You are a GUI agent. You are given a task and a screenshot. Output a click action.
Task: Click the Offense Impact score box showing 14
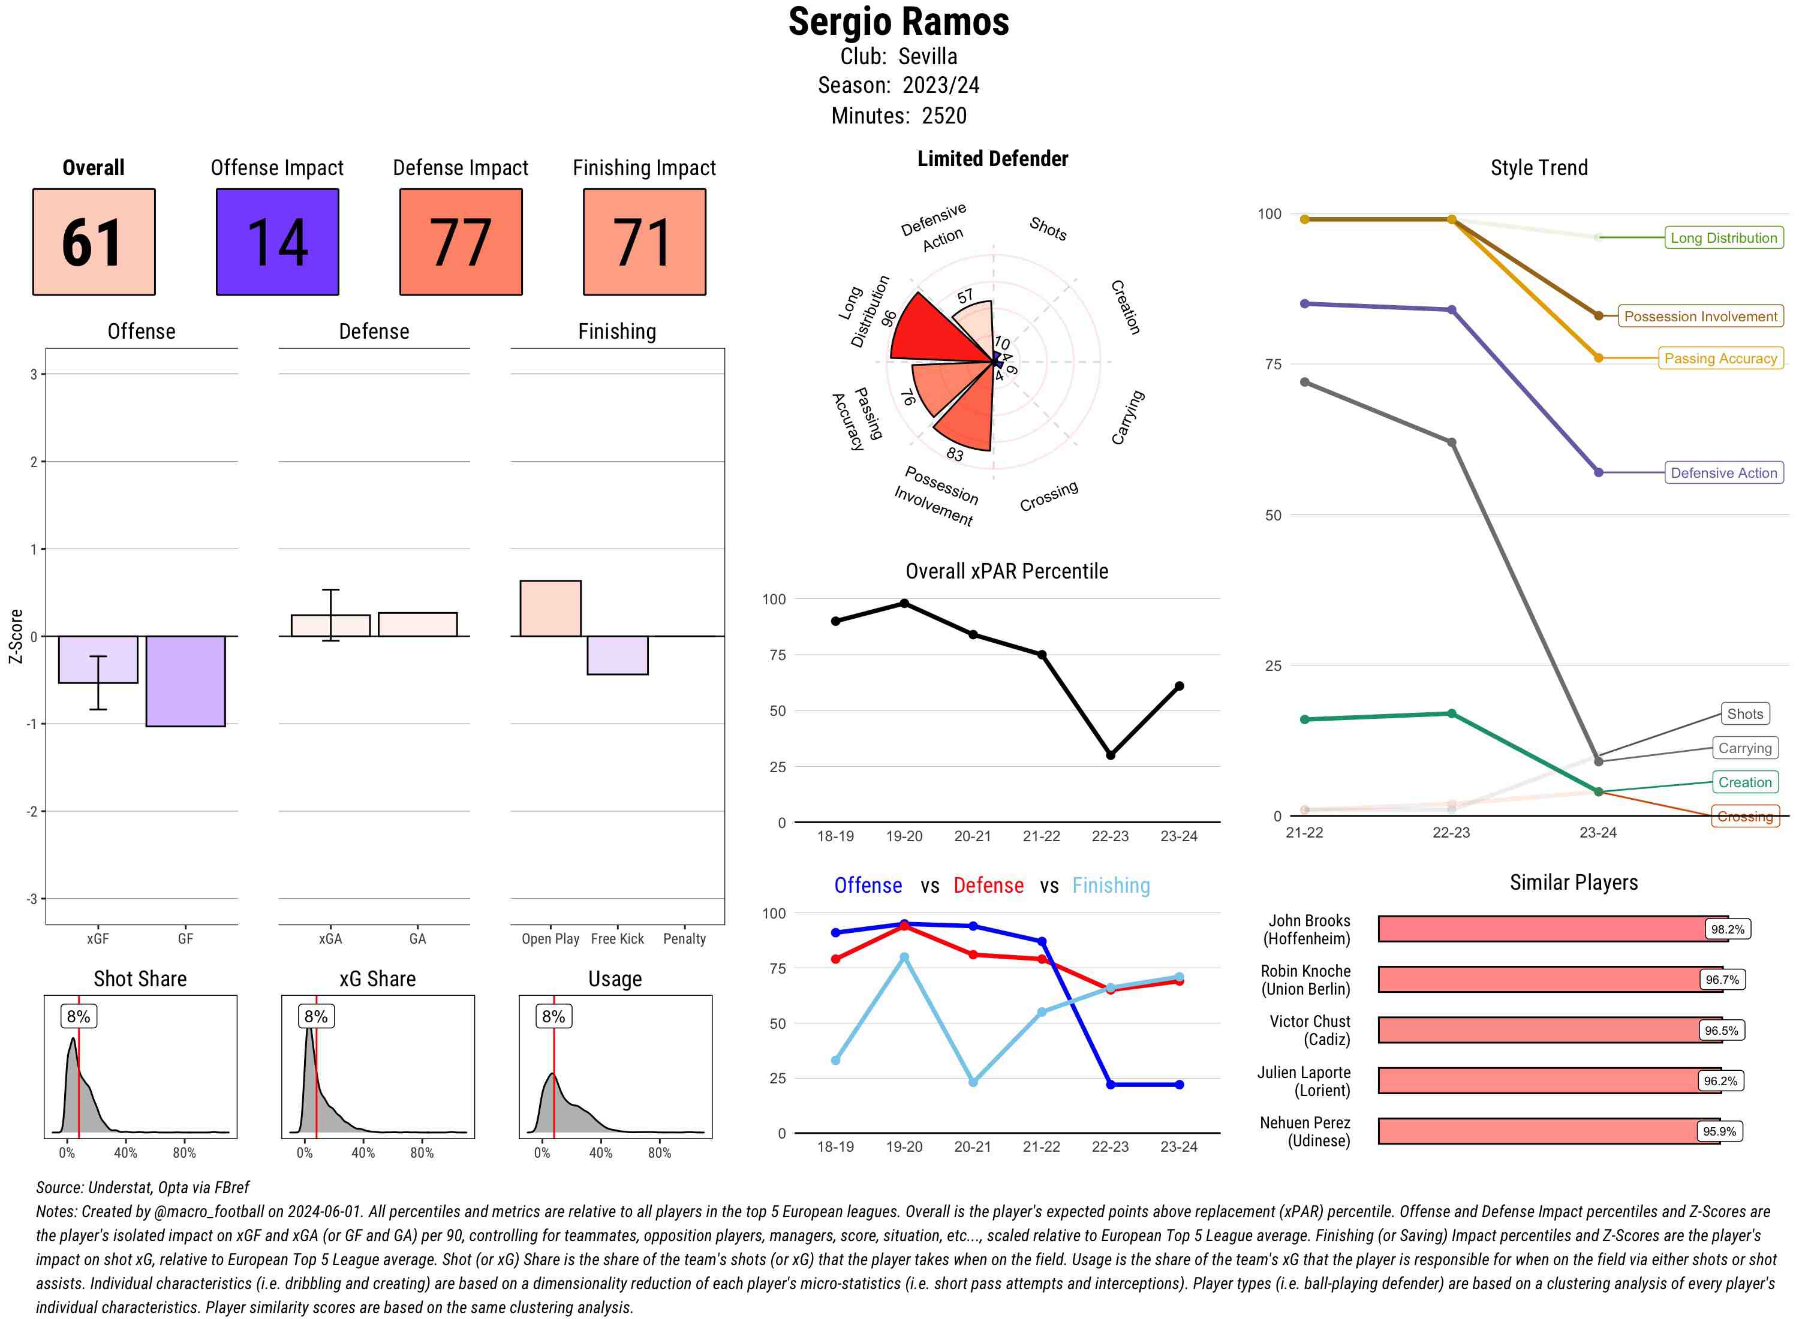click(277, 242)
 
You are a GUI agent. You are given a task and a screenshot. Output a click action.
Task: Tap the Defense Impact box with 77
click(461, 242)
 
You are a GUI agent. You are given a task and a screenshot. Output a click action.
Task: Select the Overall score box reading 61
click(94, 242)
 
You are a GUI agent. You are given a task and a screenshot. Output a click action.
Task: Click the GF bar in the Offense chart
click(185, 681)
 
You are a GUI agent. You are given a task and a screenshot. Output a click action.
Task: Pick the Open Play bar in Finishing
click(550, 609)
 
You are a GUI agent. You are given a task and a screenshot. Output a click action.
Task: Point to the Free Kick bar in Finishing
click(617, 655)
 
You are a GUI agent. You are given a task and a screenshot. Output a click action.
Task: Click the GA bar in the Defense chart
click(417, 624)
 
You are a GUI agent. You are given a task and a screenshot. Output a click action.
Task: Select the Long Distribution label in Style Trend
click(1723, 238)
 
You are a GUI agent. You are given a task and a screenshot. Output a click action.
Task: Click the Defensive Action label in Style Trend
click(1723, 472)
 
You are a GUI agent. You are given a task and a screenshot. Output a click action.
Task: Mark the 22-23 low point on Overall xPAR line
click(1110, 754)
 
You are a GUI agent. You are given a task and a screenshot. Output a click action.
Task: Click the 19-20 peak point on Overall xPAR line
click(904, 604)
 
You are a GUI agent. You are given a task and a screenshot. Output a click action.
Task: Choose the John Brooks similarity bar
click(1541, 929)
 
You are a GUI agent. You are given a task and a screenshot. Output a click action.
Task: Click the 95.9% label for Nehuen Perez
click(1719, 1131)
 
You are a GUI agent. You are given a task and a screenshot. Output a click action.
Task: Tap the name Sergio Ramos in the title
click(898, 22)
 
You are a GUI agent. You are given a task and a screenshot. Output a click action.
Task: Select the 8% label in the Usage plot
click(553, 1016)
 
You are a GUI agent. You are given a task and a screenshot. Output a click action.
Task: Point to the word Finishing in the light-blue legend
click(1111, 886)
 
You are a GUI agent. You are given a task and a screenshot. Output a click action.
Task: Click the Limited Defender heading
click(992, 159)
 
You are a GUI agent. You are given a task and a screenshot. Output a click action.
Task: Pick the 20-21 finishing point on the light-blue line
click(973, 1082)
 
